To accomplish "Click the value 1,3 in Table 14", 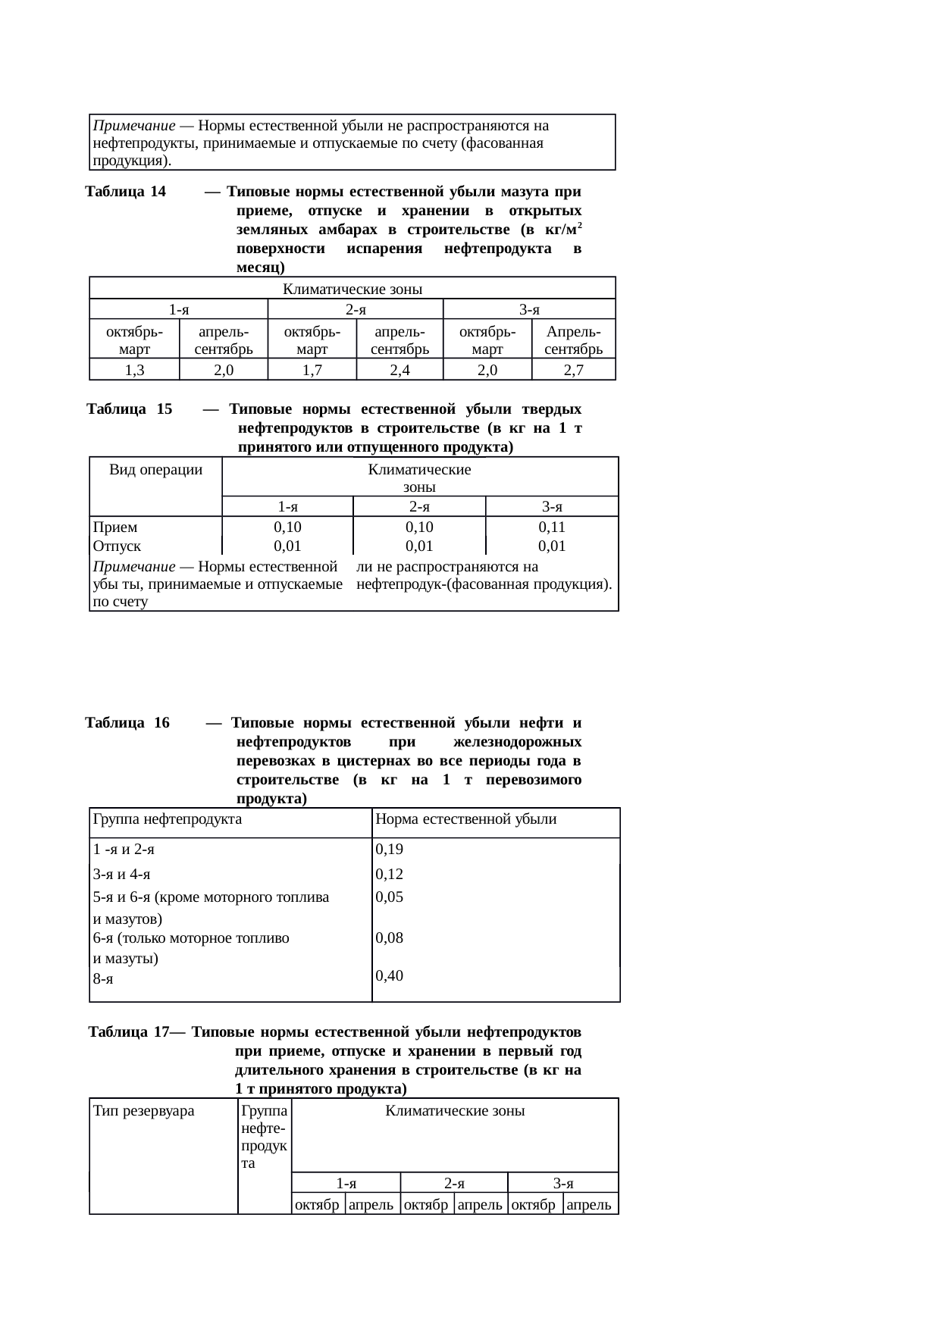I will pyautogui.click(x=134, y=370).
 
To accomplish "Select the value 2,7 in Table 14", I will pyautogui.click(x=573, y=370).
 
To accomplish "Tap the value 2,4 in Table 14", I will pyautogui.click(x=399, y=370).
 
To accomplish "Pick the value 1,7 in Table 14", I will pyautogui.click(x=312, y=370).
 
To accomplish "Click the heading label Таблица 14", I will pyautogui.click(x=126, y=191).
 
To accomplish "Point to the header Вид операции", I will pyautogui.click(x=155, y=470).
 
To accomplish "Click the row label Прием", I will pyautogui.click(x=115, y=527).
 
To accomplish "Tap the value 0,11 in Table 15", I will pyautogui.click(x=552, y=527).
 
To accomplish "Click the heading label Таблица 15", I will pyautogui.click(x=130, y=409).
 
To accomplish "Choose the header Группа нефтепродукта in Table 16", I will pyautogui.click(x=168, y=818).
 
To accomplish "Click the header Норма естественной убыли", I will pyautogui.click(x=466, y=818).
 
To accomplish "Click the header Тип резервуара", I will pyautogui.click(x=143, y=1111).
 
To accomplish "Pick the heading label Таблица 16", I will pyautogui.click(x=127, y=722).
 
